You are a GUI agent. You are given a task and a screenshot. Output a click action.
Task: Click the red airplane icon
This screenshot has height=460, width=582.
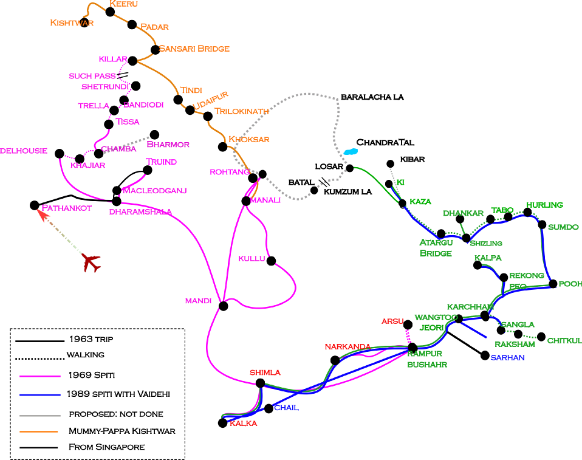[91, 263]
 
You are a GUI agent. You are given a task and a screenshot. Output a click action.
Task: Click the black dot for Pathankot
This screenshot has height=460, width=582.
[35, 205]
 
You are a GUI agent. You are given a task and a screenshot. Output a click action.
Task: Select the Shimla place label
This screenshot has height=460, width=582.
[265, 372]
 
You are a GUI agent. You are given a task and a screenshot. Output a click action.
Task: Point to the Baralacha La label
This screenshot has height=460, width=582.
[372, 97]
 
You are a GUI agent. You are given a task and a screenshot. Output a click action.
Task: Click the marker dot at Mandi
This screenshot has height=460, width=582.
[223, 306]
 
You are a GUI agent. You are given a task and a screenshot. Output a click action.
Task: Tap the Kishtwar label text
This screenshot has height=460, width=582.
[71, 23]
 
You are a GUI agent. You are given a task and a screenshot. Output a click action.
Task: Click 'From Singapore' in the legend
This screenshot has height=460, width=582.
[106, 447]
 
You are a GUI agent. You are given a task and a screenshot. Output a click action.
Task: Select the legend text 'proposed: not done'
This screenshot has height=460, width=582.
[115, 414]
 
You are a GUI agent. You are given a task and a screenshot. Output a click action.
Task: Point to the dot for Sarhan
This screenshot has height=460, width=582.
[485, 355]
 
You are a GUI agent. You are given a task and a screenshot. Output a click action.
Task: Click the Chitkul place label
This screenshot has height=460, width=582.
[564, 341]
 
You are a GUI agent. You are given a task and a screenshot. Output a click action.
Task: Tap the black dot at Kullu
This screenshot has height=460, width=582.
[271, 261]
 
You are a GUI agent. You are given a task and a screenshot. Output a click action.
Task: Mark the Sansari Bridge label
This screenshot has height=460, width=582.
[194, 49]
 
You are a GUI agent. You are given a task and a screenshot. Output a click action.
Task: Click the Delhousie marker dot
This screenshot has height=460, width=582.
[60, 153]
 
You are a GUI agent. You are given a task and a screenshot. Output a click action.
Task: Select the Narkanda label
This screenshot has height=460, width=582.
[347, 347]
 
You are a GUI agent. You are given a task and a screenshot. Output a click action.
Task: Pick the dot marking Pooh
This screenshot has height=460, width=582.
[553, 284]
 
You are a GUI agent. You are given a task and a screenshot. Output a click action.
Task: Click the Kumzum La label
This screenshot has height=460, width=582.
[347, 192]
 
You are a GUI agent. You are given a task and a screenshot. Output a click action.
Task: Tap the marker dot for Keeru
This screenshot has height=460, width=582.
[110, 11]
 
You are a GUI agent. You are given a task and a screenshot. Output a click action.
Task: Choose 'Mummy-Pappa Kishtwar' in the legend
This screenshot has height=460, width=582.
[122, 431]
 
